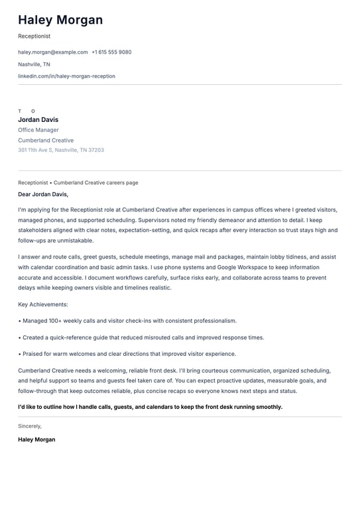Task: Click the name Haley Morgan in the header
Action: pyautogui.click(x=60, y=20)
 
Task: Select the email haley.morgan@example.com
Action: pyautogui.click(x=53, y=52)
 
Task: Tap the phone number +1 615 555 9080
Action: pyautogui.click(x=111, y=52)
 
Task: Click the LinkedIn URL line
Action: pyautogui.click(x=66, y=76)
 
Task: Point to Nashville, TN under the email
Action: pyautogui.click(x=34, y=64)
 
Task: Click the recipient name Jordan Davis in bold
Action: pyautogui.click(x=38, y=120)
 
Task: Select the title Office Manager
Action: pyautogui.click(x=38, y=130)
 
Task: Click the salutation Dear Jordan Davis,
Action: pyautogui.click(x=43, y=195)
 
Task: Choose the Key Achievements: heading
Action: pyautogui.click(x=43, y=304)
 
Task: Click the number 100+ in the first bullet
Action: pyautogui.click(x=56, y=321)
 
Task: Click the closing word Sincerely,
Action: pyautogui.click(x=30, y=426)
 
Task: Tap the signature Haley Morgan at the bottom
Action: pyautogui.click(x=36, y=439)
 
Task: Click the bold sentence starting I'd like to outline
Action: pyautogui.click(x=150, y=407)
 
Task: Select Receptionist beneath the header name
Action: pyautogui.click(x=34, y=36)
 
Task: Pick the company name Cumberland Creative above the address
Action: pyautogui.click(x=46, y=141)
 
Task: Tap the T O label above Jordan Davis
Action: pyautogui.click(x=27, y=111)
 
